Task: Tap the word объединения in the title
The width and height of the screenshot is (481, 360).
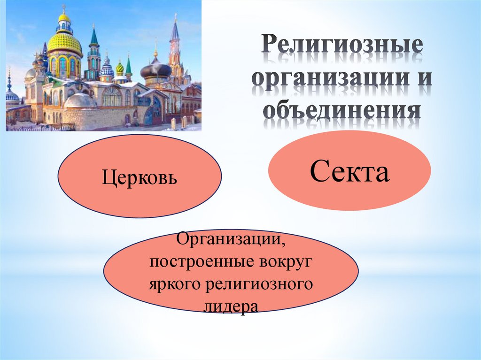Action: pos(341,112)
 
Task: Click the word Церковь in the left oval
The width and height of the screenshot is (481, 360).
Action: pos(140,178)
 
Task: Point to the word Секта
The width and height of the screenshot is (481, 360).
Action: pos(349,173)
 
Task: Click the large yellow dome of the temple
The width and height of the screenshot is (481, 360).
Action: pos(64,43)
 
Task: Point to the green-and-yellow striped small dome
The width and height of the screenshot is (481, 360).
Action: pos(120,69)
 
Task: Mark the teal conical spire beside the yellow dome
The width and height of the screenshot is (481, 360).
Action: pos(94,38)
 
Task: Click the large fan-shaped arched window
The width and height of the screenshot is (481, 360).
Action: pos(112,96)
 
